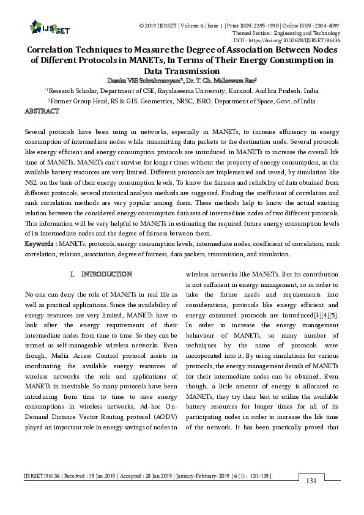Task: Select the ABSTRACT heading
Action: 42,111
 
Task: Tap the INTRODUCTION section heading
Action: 106,273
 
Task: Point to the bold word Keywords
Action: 40,244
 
